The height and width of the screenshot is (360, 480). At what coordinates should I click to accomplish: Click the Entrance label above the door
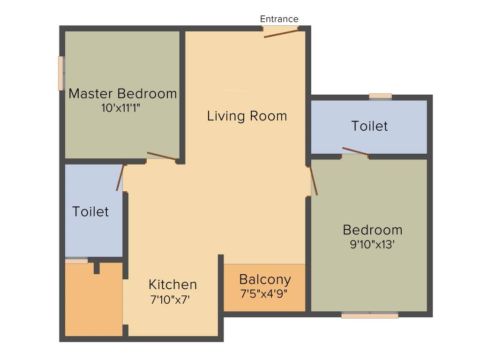(x=279, y=19)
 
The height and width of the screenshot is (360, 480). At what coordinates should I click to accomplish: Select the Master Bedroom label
(x=123, y=94)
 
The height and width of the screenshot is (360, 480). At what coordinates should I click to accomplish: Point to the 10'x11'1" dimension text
(x=121, y=108)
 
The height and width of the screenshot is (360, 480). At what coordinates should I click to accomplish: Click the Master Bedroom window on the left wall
(x=61, y=73)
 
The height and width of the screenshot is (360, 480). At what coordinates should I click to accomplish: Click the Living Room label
(x=247, y=116)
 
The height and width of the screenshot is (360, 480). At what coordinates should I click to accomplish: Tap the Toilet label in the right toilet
(x=370, y=126)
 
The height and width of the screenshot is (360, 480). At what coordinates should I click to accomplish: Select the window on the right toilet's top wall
(x=380, y=97)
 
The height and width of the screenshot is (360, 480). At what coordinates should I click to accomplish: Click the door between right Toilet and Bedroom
(x=355, y=151)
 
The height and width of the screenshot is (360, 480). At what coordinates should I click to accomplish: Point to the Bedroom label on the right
(x=372, y=230)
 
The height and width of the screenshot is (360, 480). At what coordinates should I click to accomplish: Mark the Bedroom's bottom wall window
(x=370, y=316)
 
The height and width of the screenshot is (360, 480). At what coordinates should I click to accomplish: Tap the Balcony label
(x=265, y=280)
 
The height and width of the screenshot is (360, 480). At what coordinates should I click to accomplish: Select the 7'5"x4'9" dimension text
(x=264, y=294)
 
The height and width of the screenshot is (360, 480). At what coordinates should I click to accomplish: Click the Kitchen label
(x=172, y=285)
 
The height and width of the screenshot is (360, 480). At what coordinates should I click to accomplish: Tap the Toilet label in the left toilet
(x=90, y=212)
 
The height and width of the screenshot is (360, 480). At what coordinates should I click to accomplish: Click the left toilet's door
(x=120, y=177)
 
